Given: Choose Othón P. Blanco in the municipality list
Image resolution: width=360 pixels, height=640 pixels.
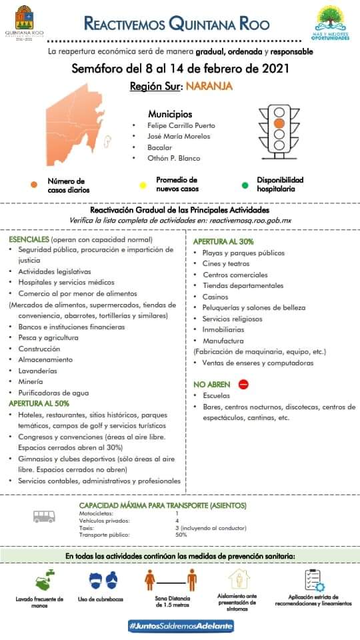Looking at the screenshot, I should point(173,158).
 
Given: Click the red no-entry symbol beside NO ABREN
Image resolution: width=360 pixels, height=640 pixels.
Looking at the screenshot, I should point(243,384).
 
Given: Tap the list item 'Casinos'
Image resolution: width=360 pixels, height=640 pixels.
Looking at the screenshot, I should point(215,297).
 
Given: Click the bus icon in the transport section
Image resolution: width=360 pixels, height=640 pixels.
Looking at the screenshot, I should point(45,515).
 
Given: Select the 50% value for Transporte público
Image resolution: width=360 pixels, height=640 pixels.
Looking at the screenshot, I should point(181,535).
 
